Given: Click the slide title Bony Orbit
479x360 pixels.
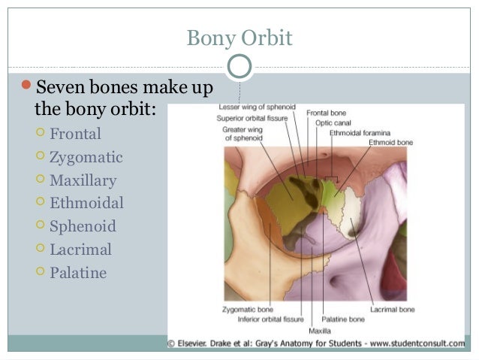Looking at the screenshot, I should (x=239, y=38).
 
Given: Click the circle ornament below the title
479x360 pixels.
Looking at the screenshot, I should (x=239, y=66).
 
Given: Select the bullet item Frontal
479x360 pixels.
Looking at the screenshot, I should (x=75, y=135).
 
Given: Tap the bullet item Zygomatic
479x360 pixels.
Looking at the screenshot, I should (x=86, y=158).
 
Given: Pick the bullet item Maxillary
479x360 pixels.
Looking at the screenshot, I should (x=83, y=180).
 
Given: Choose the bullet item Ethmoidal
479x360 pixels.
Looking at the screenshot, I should (x=86, y=203).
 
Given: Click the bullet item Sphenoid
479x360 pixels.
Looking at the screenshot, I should (x=83, y=226).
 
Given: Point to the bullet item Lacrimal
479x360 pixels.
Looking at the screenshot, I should (x=80, y=250).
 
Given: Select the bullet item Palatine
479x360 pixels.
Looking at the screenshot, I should (x=78, y=272).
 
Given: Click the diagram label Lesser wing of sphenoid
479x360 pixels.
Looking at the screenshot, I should (x=255, y=107).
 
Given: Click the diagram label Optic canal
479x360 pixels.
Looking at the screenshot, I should (x=330, y=121).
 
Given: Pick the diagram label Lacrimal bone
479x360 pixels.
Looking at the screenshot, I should (x=392, y=308).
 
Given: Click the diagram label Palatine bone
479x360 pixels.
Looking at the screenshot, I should (x=342, y=319).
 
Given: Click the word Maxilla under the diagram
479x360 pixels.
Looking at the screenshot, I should (x=319, y=330).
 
